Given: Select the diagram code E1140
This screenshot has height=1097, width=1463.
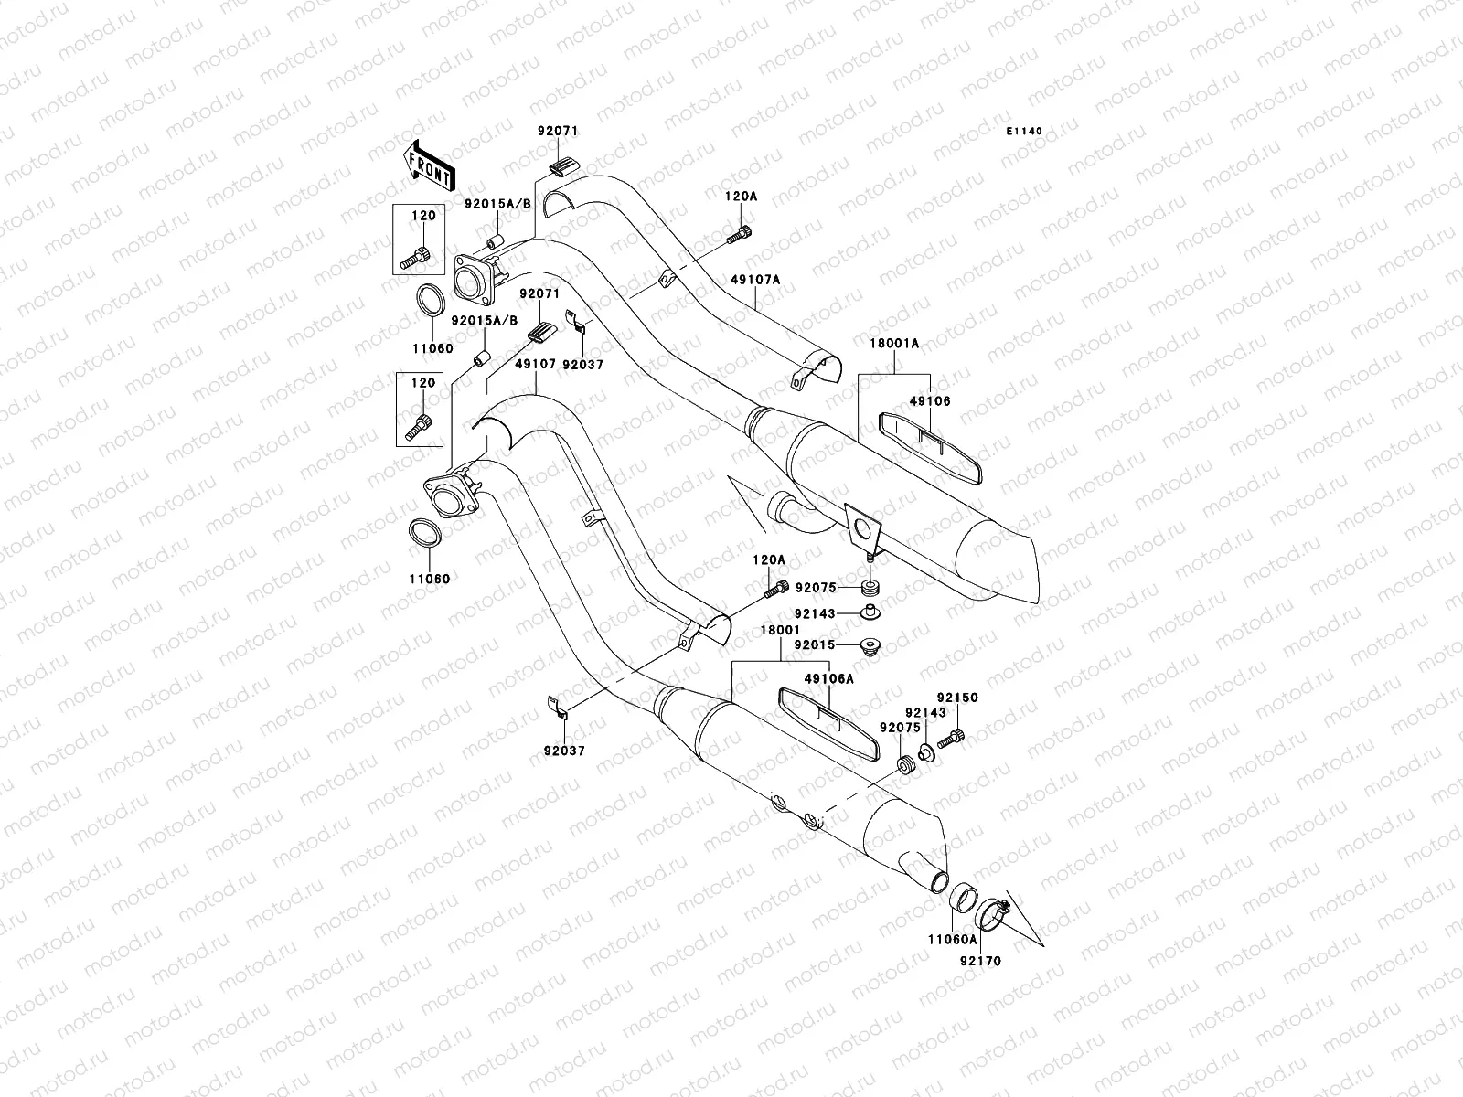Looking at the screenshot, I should tap(1024, 132).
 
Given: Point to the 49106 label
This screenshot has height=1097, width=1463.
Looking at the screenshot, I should tap(930, 401).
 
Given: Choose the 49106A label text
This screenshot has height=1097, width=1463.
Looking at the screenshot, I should tap(828, 679).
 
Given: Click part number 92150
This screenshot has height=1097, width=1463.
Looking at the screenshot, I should tap(956, 698).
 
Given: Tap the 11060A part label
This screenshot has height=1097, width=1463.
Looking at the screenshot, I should tap(953, 939).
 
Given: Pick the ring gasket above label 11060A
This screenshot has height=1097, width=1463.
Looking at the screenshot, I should tap(962, 899).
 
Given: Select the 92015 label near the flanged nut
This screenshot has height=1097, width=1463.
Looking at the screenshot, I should tap(814, 644).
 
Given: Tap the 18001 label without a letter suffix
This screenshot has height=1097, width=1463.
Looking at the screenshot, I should tap(779, 631).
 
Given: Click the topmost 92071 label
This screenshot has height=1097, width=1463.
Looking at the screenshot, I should tap(557, 132).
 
